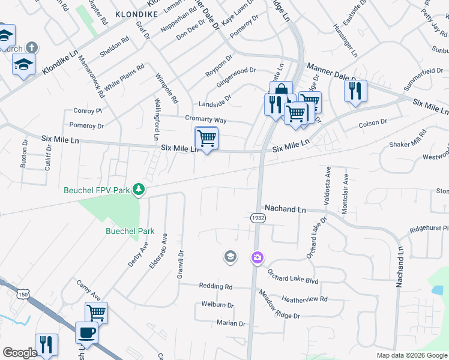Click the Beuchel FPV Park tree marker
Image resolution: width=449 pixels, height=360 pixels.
pyautogui.click(x=139, y=190)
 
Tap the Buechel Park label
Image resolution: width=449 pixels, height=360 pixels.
pyautogui.click(x=130, y=231)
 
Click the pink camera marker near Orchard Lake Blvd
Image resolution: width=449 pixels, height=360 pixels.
pyautogui.click(x=258, y=257)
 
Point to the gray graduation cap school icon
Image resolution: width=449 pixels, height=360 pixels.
pyautogui.click(x=230, y=257)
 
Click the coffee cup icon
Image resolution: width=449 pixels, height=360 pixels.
pyautogui.click(x=86, y=332)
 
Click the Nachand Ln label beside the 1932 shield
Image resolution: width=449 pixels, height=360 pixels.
pyautogui.click(x=285, y=209)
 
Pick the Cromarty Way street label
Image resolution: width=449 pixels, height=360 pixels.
pyautogui.click(x=205, y=119)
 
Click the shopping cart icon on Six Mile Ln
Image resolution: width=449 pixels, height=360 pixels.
pyautogui.click(x=206, y=138)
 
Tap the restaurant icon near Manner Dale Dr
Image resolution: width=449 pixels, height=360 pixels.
pyautogui.click(x=355, y=91)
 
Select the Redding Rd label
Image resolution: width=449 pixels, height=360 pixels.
pyautogui.click(x=215, y=287)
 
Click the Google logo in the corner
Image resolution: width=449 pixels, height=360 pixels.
pyautogui.click(x=20, y=353)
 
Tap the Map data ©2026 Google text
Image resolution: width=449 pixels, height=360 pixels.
pyautogui.click(x=412, y=355)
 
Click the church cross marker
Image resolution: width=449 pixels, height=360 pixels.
pyautogui.click(x=32, y=47)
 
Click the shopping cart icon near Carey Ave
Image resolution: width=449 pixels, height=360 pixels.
pyautogui.click(x=96, y=312)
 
